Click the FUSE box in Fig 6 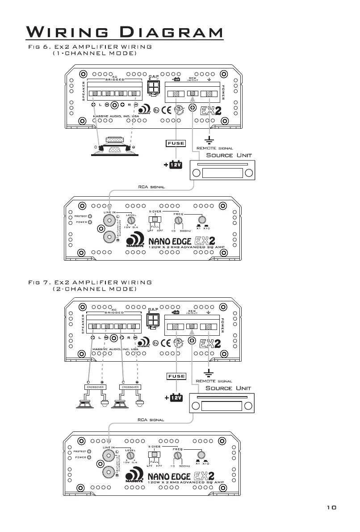[176, 143]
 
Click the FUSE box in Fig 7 [176, 376]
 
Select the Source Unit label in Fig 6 [229, 155]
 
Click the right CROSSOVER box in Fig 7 [130, 387]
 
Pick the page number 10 [331, 507]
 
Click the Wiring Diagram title [125, 33]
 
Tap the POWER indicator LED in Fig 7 [90, 457]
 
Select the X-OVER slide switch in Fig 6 [156, 220]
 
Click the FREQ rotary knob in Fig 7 [178, 455]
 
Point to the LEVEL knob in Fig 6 [130, 221]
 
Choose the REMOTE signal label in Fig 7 [214, 381]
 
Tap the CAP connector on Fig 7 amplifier [152, 321]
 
